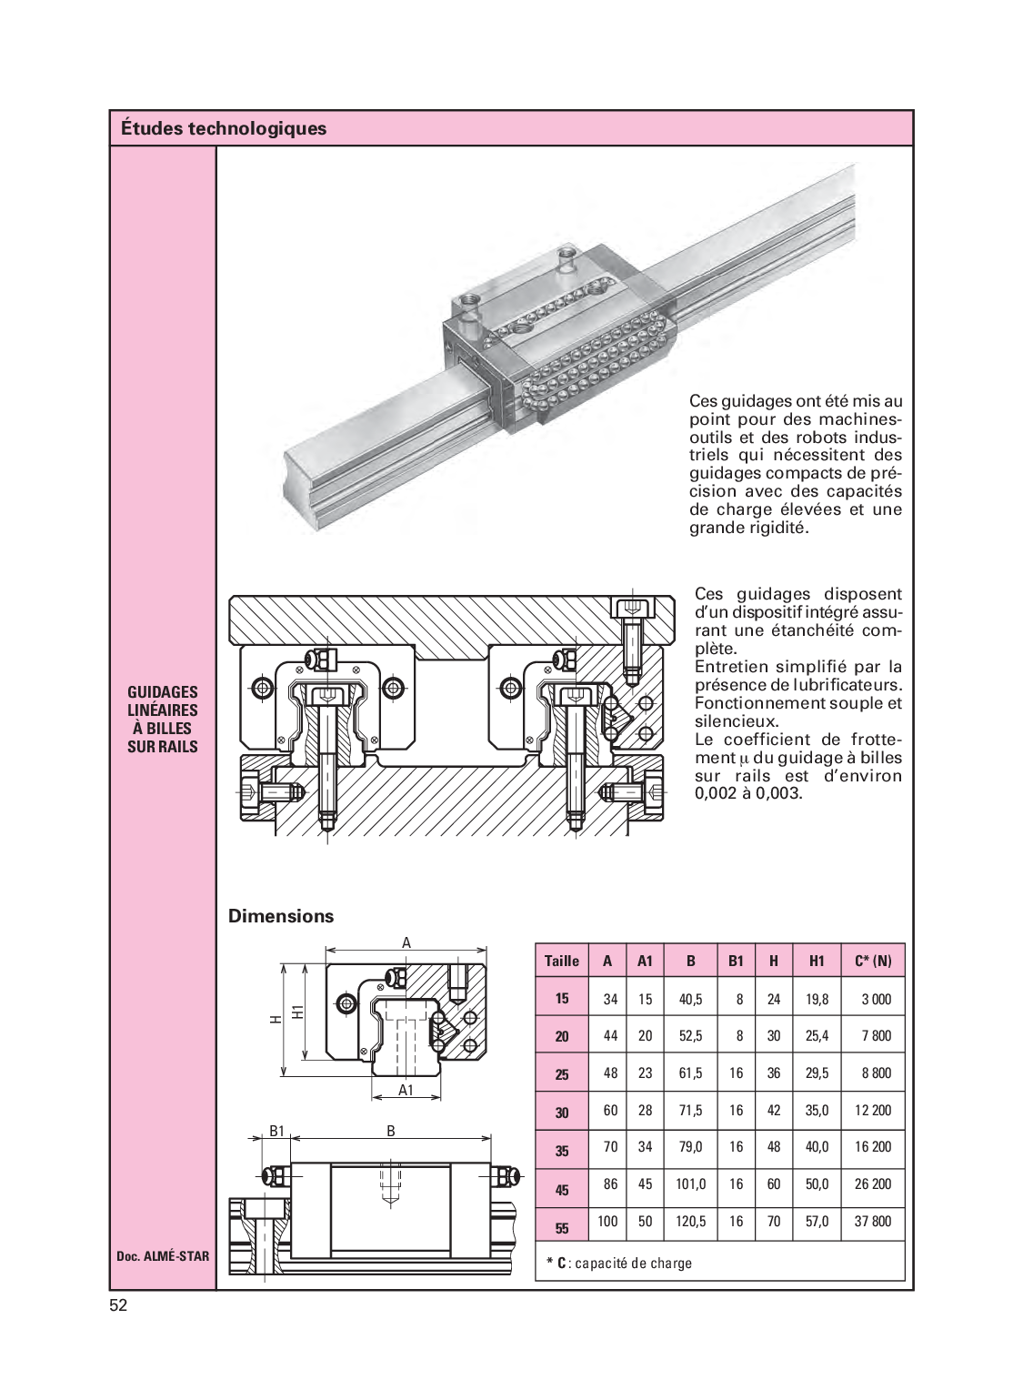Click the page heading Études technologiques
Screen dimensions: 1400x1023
click(224, 128)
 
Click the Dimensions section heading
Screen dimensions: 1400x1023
click(281, 916)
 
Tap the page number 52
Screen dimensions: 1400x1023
click(118, 1305)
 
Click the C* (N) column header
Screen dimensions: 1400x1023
click(873, 961)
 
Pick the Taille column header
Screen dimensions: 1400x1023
click(562, 961)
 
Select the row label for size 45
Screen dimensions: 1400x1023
click(562, 1189)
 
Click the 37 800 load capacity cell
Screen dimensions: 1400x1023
click(873, 1222)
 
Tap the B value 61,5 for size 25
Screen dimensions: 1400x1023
click(691, 1073)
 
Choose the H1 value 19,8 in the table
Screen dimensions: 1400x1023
click(817, 999)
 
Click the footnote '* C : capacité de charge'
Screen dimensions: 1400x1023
click(619, 1263)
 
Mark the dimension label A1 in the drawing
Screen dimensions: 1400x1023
click(406, 1090)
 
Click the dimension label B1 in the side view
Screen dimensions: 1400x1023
click(277, 1131)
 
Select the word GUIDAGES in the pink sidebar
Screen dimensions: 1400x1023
click(163, 692)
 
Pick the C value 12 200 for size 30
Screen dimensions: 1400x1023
click(873, 1110)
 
